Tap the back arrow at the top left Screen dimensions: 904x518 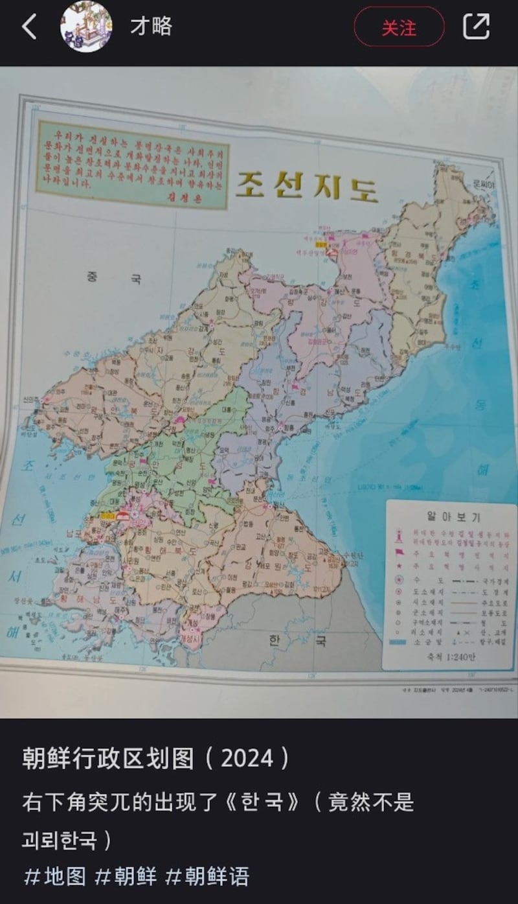tap(29, 27)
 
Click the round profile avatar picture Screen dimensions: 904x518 tap(86, 27)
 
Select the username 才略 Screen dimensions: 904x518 tap(151, 27)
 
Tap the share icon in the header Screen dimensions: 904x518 tap(477, 27)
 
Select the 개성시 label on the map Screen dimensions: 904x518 tap(193, 631)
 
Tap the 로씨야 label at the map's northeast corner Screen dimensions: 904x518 tap(482, 185)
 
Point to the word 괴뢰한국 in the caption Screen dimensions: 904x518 tap(60, 840)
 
